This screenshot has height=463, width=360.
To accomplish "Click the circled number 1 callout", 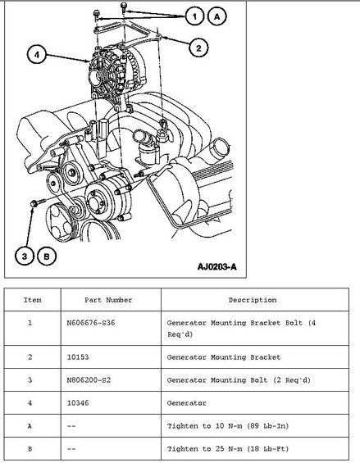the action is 195,16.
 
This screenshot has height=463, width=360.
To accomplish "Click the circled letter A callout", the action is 217,16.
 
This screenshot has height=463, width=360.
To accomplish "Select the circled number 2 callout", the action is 198,48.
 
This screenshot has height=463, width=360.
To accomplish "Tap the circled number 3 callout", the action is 25,256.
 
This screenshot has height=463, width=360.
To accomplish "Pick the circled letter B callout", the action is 47,256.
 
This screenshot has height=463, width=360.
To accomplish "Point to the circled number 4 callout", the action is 37,55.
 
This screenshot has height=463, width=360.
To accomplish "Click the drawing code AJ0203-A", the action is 217,267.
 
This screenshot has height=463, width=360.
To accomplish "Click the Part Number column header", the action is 108,300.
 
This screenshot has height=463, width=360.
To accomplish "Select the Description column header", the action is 253,300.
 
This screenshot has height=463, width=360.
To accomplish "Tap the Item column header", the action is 33,300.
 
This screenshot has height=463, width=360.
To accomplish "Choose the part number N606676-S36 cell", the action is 91,323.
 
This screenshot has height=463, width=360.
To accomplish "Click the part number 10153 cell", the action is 78,357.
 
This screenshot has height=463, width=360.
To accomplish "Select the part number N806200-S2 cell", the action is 89,379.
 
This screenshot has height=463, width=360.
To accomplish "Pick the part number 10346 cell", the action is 78,402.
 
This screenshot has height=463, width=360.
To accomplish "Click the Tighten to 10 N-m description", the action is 228,426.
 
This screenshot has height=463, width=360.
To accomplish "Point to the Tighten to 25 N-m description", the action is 228,449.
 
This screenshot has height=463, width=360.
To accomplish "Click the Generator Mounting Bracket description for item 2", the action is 224,357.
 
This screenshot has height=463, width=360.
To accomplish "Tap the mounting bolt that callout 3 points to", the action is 37,202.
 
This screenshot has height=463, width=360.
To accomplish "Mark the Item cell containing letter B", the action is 30,449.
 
